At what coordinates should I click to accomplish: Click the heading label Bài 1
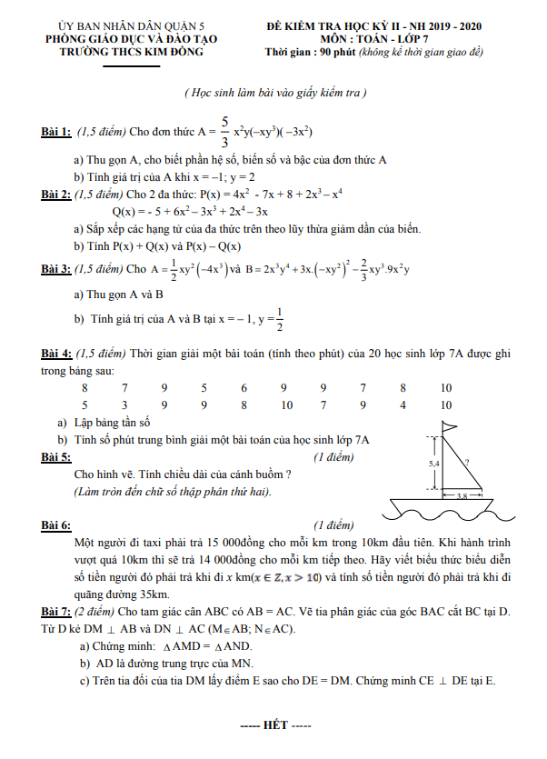point(56,132)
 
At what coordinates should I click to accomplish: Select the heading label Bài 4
point(56,353)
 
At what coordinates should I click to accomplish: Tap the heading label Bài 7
point(56,608)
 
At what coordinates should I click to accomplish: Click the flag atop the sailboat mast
point(448,428)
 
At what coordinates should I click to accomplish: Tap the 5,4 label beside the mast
point(433,464)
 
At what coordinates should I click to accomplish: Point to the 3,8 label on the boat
point(462,496)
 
